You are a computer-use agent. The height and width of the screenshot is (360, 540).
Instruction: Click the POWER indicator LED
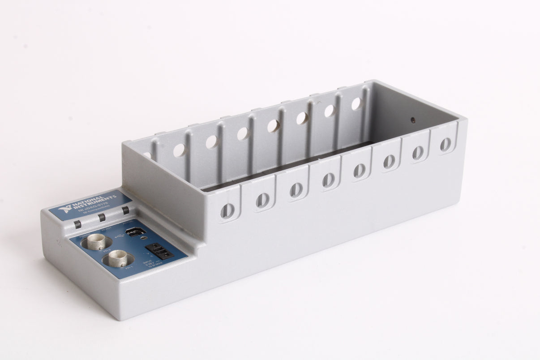78,224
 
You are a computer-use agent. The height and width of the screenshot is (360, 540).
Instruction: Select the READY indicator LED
102,217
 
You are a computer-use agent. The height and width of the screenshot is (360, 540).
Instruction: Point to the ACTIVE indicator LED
125,210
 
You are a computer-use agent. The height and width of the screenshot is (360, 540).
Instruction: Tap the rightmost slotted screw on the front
446,144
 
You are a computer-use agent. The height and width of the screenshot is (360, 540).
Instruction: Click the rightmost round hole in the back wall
356,103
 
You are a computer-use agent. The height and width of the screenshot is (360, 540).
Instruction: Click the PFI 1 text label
130,267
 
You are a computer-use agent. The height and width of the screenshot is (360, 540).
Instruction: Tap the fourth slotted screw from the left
329,179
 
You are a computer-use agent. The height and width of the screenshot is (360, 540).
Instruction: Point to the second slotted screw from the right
418,152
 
